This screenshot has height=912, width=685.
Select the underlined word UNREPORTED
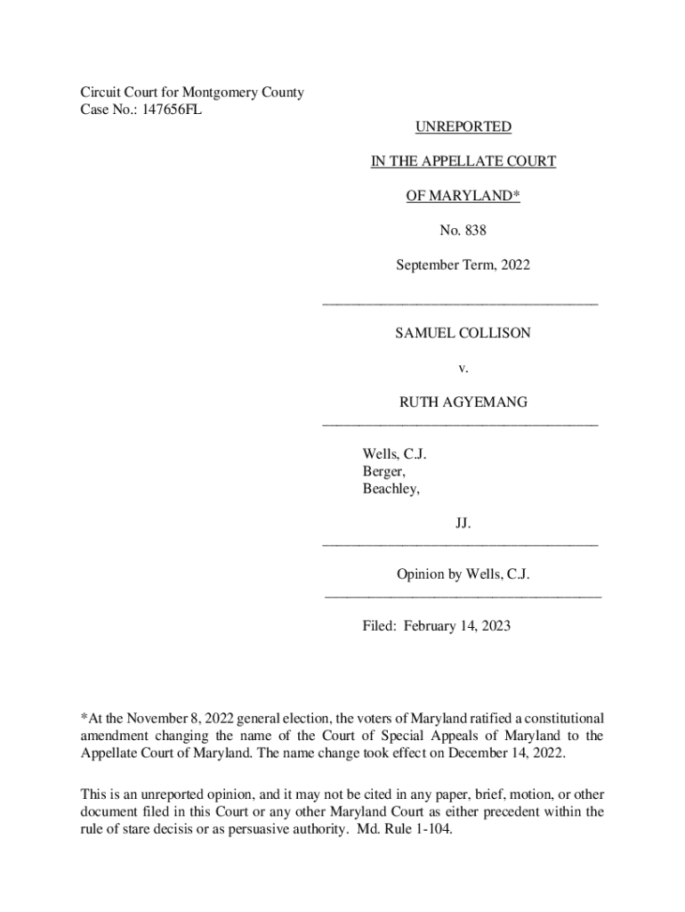pyautogui.click(x=463, y=127)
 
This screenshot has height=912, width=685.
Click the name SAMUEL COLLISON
pyautogui.click(x=463, y=333)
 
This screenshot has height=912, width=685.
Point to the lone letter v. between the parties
pyautogui.click(x=462, y=368)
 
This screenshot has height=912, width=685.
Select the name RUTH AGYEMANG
pyautogui.click(x=463, y=403)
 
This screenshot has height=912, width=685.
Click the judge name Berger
pyautogui.click(x=383, y=472)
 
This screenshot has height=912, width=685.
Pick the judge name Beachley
pyautogui.click(x=391, y=490)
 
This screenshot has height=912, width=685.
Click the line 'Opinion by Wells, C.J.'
pyautogui.click(x=463, y=574)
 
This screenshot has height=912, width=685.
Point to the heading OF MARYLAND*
pyautogui.click(x=463, y=196)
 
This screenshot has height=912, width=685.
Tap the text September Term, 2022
pyautogui.click(x=463, y=265)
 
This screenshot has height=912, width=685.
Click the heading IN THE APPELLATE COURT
pyautogui.click(x=463, y=161)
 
